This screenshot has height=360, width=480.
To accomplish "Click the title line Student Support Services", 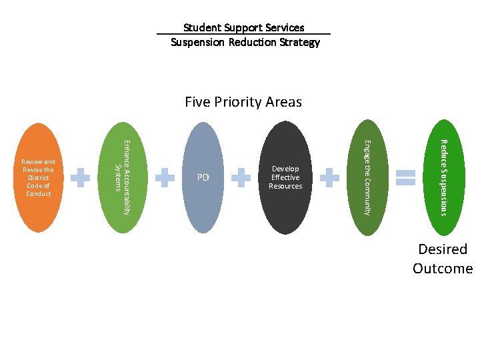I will [243, 27].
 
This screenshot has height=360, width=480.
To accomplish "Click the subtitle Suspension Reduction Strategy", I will [245, 42].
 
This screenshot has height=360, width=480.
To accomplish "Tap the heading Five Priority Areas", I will [243, 102].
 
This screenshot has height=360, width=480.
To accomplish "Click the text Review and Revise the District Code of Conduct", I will [39, 177].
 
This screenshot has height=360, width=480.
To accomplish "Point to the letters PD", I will [203, 177].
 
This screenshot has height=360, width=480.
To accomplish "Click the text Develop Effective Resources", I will [285, 177].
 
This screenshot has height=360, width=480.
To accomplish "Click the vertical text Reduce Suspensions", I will [443, 177].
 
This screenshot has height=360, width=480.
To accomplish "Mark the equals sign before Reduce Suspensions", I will [405, 177].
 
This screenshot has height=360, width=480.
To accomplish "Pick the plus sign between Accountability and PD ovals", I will [164, 177].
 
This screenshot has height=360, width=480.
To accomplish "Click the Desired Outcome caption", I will [442, 259].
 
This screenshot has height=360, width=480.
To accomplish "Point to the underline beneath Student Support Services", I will [243, 34].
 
